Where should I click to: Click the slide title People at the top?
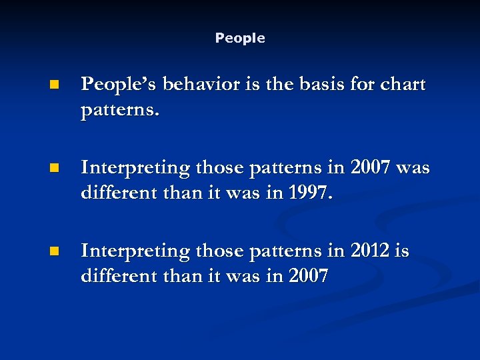tap(240, 39)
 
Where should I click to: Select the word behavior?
tap(197, 85)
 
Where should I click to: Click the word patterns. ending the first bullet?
tap(120, 109)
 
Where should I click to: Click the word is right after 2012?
tap(402, 251)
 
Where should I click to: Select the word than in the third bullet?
tap(177, 275)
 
